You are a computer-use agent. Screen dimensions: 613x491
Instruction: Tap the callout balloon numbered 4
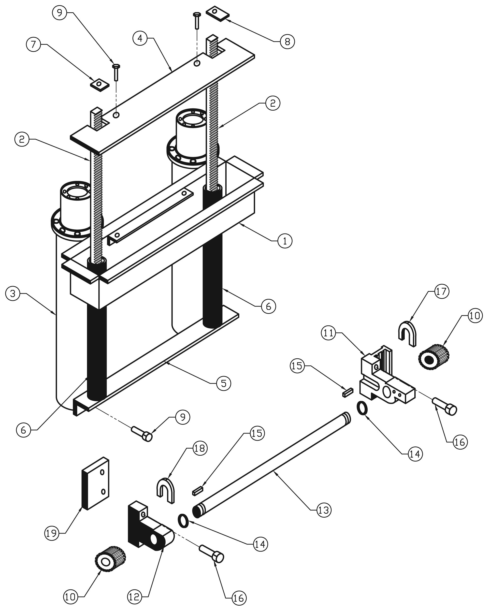[140, 38]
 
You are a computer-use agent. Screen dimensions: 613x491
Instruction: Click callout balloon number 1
[285, 241]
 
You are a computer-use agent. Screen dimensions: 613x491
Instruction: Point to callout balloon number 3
[13, 293]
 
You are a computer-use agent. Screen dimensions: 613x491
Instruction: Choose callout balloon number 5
[223, 383]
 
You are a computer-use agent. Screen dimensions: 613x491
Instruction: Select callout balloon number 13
[324, 510]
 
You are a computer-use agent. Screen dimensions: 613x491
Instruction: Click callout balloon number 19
[52, 533]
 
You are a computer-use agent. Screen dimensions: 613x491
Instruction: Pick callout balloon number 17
[442, 291]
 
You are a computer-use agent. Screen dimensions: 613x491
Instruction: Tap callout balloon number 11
[328, 333]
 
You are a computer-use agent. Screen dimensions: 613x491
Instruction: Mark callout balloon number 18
[200, 448]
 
